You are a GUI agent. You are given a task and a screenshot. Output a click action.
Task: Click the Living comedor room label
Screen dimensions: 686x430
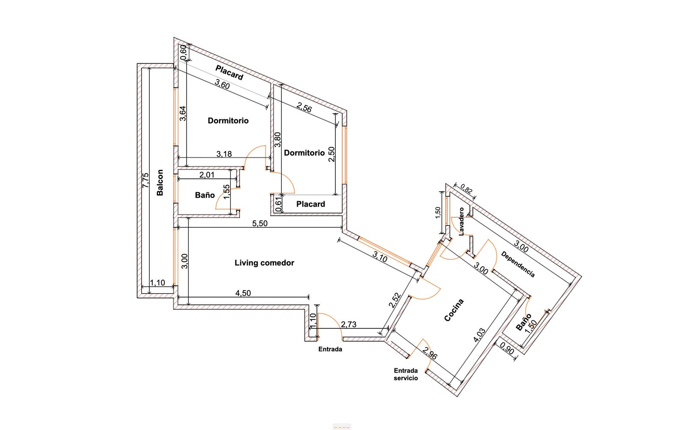point(264,263)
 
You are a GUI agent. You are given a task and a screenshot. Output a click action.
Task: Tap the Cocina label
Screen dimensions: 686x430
point(454,310)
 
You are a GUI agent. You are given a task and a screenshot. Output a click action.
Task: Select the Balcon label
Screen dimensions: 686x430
point(160,183)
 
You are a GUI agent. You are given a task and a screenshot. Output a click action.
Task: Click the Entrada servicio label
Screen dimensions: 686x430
point(406,374)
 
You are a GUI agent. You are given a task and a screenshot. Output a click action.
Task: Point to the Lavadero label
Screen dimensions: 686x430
point(461,222)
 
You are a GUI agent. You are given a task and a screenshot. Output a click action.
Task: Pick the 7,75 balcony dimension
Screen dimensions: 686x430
point(145,180)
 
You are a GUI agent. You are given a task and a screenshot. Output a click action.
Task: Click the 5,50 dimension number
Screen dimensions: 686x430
point(260,223)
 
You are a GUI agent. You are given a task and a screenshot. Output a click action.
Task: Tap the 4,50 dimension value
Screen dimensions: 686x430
point(243,293)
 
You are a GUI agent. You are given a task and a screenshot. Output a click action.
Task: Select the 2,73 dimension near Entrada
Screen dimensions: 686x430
point(349,324)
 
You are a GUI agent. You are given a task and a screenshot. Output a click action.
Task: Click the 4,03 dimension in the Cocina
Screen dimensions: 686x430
point(479,335)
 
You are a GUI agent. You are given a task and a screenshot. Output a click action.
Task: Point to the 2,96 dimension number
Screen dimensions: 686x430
point(430,353)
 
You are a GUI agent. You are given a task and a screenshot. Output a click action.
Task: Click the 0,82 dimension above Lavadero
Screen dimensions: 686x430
point(466,189)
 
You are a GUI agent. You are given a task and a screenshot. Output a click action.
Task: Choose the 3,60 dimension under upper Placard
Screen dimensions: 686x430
point(222,84)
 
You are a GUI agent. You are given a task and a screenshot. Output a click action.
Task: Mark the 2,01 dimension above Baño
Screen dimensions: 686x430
point(207,175)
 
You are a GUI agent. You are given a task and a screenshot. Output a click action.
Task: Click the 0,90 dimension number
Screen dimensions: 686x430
point(507,348)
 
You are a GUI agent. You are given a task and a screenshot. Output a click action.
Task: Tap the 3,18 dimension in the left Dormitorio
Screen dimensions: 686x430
point(224,154)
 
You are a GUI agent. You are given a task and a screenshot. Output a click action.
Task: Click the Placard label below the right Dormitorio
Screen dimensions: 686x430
point(310,204)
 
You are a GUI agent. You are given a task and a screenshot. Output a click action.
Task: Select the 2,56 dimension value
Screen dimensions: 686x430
point(304,108)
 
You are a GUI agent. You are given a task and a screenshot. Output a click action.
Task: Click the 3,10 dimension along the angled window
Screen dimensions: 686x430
point(380,257)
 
